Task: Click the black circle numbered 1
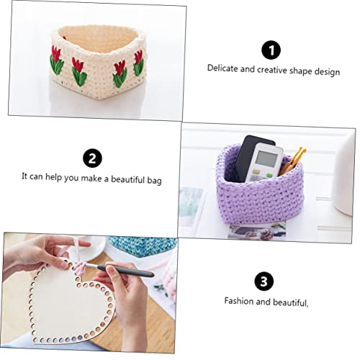271,50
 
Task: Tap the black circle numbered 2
92,158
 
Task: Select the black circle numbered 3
265,282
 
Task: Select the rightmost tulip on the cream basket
138,68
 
